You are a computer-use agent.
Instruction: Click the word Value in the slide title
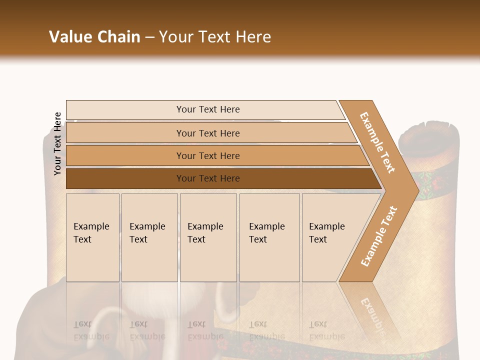[70, 37]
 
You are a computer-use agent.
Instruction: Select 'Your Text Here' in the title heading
[215, 37]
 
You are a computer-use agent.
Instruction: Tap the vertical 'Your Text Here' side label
[57, 143]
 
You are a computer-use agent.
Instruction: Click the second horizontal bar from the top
[207, 133]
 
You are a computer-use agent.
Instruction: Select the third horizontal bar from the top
[207, 155]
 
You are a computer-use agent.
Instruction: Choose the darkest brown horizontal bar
[207, 178]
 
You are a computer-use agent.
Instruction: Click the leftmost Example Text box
[92, 237]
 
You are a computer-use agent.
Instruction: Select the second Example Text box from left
[149, 237]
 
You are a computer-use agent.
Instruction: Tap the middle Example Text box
[207, 237]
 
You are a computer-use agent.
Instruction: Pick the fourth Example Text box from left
[269, 237]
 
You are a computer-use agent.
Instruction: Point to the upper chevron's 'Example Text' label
[377, 142]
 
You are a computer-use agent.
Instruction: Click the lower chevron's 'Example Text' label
[378, 236]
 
